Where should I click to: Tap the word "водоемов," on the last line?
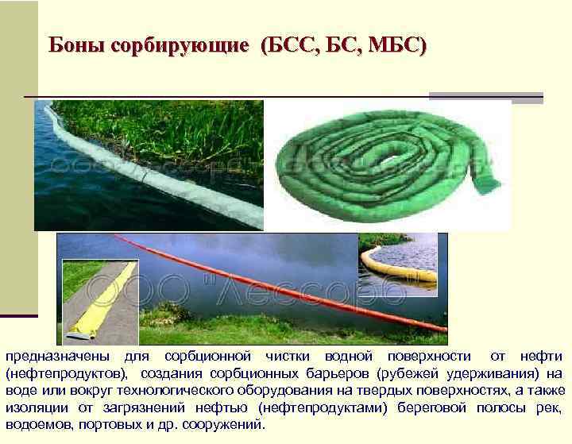click(37, 425)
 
